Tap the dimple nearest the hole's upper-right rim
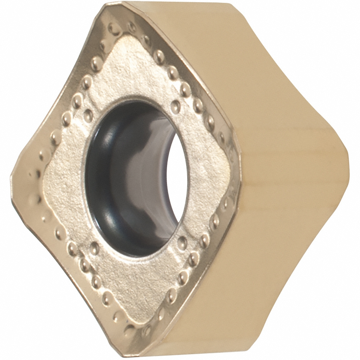(x=176, y=105)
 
